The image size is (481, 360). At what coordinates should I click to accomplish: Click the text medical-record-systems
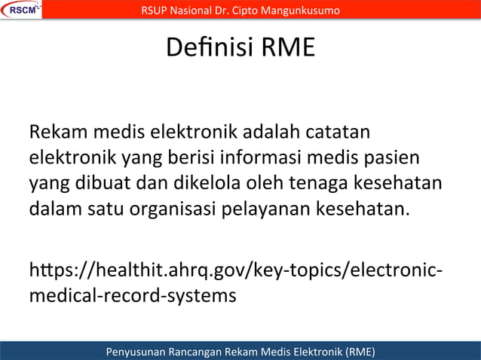click(x=133, y=294)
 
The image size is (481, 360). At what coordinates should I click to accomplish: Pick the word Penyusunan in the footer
click(x=141, y=351)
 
